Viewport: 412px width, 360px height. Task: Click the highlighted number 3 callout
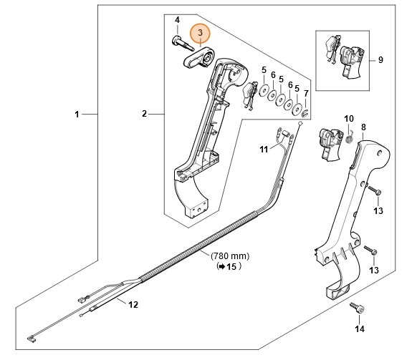(x=200, y=33)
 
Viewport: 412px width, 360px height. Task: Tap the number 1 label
(x=77, y=114)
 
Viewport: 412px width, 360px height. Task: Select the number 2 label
(x=144, y=114)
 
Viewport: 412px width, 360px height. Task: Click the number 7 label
(x=306, y=94)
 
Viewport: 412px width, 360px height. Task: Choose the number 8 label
(x=363, y=127)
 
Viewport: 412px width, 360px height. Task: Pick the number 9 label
(x=380, y=60)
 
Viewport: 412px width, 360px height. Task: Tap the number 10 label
(x=349, y=118)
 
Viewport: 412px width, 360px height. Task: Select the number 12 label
(x=133, y=304)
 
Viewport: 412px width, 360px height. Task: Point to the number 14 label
(x=359, y=329)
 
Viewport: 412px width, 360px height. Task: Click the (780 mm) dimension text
(x=229, y=256)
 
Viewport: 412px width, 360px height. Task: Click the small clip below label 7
(x=305, y=112)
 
